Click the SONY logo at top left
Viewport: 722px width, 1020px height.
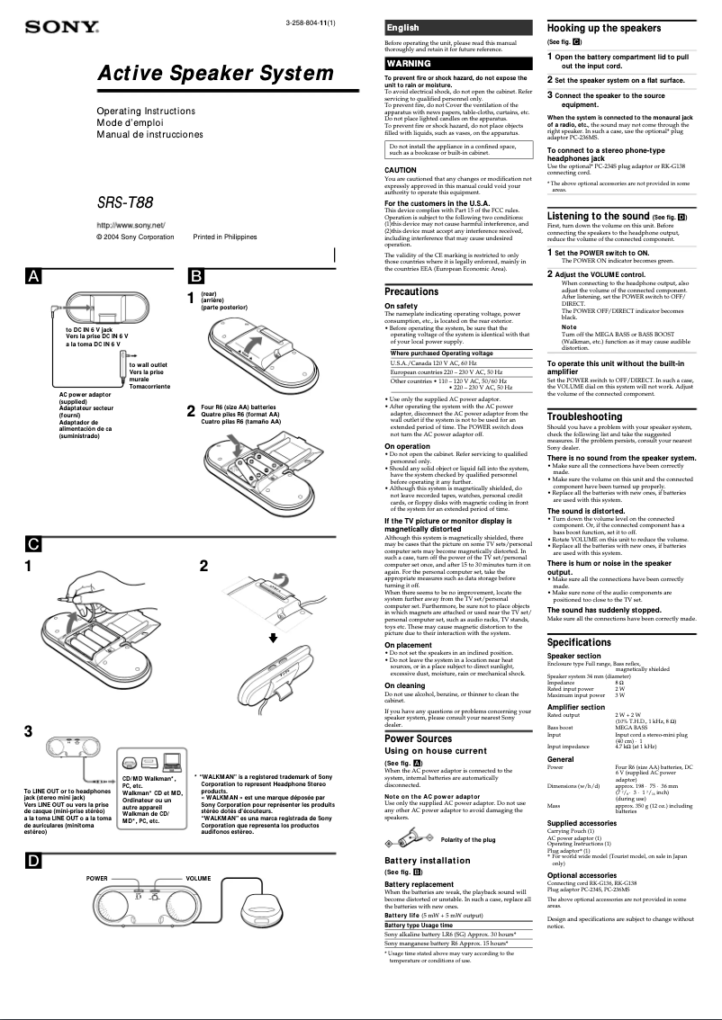60,28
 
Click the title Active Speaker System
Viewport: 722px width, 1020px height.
215,74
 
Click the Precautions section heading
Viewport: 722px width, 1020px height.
411,291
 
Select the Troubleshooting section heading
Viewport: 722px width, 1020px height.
584,416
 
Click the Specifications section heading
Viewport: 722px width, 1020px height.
579,642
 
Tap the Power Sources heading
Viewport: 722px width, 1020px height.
418,738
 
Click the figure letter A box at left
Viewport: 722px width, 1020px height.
33,276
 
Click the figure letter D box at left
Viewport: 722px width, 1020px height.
33,861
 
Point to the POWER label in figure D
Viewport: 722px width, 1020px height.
97,878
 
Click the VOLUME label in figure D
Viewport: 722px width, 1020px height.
198,878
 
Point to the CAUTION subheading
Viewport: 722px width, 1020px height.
401,170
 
